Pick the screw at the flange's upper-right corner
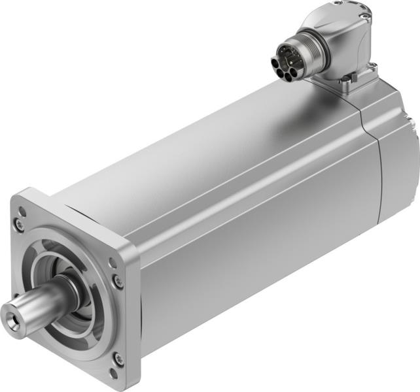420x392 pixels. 118,281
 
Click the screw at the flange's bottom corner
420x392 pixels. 118,358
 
